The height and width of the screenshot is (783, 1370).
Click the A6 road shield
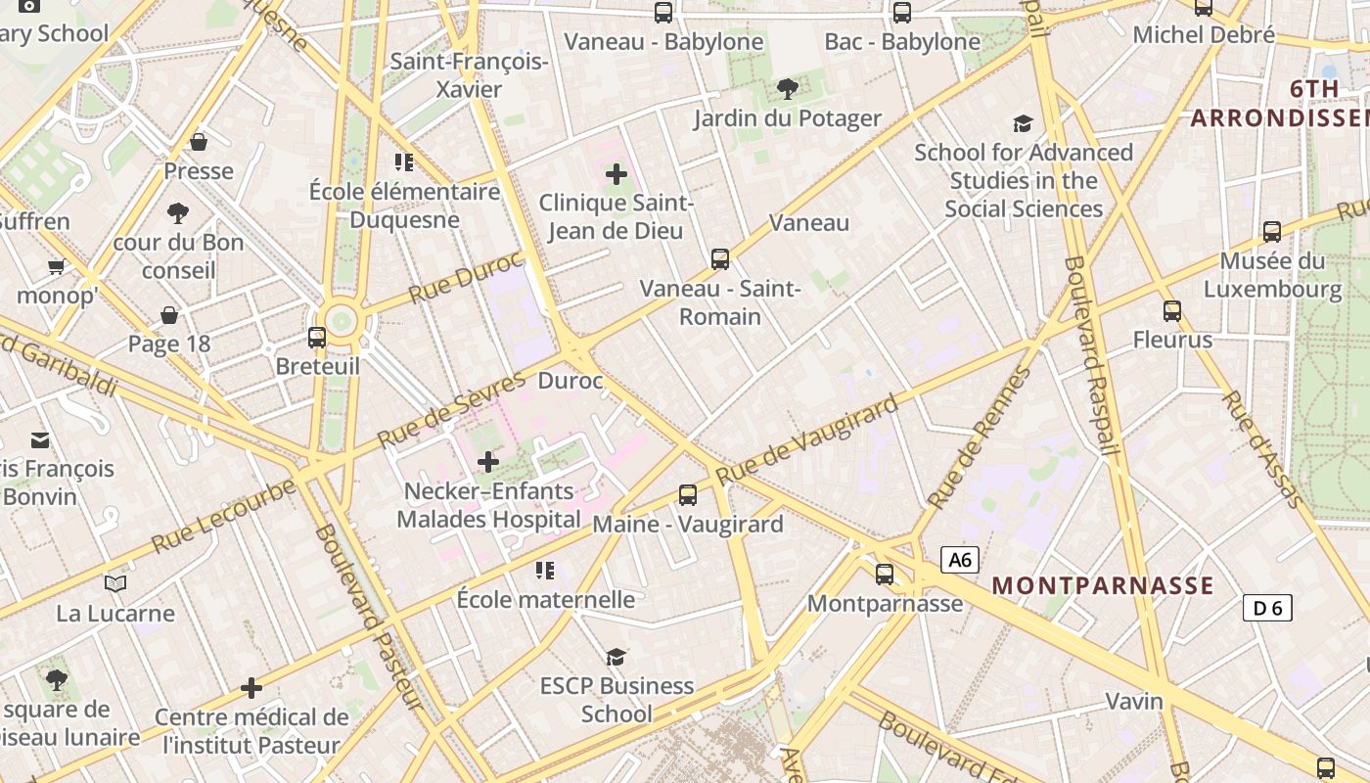pos(960,560)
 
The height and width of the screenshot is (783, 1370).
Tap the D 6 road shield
pos(1267,608)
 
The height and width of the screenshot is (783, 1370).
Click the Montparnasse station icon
pos(885,575)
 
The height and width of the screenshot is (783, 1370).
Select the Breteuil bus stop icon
pos(317,338)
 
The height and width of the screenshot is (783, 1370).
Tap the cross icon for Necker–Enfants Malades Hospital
pos(487,461)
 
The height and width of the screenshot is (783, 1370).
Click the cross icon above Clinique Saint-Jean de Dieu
pos(616,175)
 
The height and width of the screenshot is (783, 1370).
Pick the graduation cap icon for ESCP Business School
pos(616,657)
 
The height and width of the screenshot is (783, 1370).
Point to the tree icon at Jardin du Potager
pos(787,90)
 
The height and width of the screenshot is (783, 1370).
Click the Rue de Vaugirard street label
pos(806,440)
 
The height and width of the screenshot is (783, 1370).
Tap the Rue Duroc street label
pos(466,278)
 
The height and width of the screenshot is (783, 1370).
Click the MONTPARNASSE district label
pos(1103,586)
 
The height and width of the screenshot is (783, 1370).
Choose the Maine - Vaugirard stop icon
pos(688,495)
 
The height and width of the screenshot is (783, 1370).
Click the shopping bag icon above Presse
pos(199,143)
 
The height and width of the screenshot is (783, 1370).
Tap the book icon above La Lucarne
pos(115,584)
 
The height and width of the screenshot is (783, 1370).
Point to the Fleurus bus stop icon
pos(1172,311)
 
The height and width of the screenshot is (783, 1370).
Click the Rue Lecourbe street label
pos(223,516)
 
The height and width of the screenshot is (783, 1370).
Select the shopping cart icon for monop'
pos(57,267)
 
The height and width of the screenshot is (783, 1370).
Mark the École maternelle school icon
pos(545,570)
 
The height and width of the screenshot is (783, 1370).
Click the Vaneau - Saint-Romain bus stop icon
pos(720,259)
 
